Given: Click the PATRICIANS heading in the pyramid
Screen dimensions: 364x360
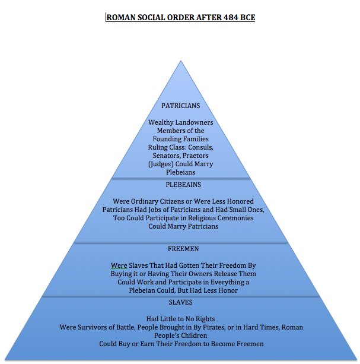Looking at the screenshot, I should [x=180, y=106].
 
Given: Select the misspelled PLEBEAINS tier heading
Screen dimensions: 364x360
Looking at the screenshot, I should [x=180, y=185].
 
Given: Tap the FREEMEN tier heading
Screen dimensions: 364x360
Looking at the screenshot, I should [x=180, y=249].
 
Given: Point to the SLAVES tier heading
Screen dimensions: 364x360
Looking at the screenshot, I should [x=180, y=303].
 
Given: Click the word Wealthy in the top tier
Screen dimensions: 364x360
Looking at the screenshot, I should [x=162, y=122].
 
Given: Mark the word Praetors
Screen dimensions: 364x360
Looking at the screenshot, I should [x=196, y=156].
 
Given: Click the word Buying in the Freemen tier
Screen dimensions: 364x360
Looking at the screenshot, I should [x=125, y=274].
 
